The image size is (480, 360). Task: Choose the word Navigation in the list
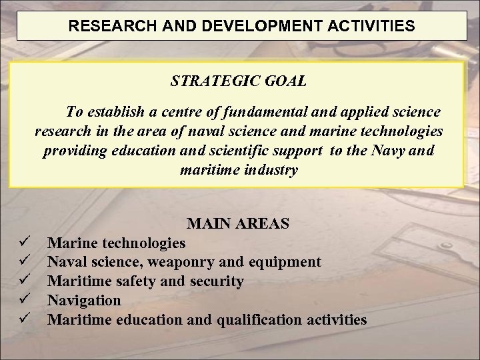[x=85, y=301]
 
